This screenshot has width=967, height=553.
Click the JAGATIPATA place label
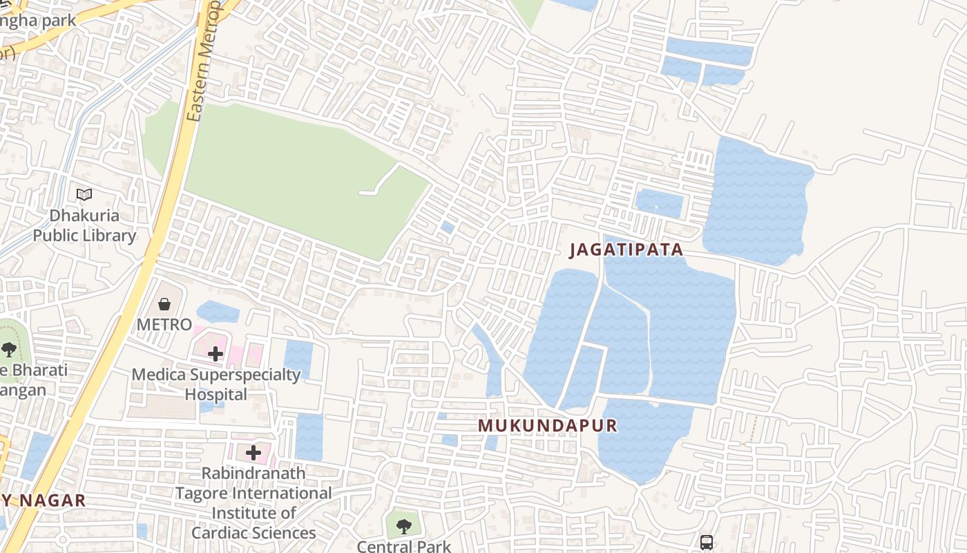(x=626, y=250)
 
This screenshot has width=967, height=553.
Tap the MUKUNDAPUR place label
(x=548, y=426)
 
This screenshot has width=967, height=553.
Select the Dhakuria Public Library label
(x=84, y=226)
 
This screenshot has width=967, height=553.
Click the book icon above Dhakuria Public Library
(x=84, y=195)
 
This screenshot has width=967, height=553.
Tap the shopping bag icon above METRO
(x=164, y=304)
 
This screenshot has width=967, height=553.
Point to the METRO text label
(x=164, y=324)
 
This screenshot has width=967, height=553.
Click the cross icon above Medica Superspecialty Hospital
(x=216, y=355)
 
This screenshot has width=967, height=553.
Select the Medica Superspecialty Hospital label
(x=216, y=384)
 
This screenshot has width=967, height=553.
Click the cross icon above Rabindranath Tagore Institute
(x=253, y=453)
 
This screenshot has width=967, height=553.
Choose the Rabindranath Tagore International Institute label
(x=253, y=503)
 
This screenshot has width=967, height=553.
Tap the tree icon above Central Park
(x=404, y=527)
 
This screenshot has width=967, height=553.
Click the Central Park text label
(x=404, y=546)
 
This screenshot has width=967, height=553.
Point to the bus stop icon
(x=706, y=543)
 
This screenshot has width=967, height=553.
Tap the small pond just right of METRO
(x=218, y=312)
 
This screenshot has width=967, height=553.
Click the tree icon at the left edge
(x=9, y=349)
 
